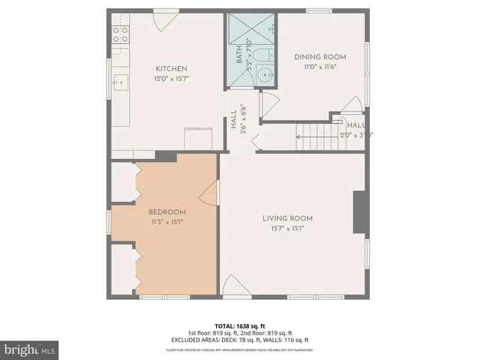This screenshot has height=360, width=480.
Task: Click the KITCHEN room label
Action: click(171, 68)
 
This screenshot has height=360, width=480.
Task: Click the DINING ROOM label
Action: click(319, 57)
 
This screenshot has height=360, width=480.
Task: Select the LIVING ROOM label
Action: click(287, 218)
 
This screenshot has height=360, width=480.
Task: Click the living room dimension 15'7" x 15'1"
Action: click(287, 229)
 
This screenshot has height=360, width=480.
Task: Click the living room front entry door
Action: click(233, 286)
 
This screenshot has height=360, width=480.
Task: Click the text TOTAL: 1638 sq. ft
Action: click(239, 325)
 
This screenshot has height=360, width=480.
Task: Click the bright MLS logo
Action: click(30, 349)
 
